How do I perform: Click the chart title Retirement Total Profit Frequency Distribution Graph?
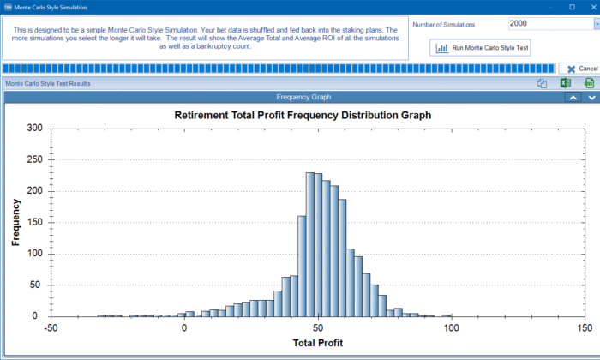pyautogui.click(x=302, y=114)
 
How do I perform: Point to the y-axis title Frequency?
pyautogui.click(x=16, y=222)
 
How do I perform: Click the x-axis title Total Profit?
pyautogui.click(x=318, y=344)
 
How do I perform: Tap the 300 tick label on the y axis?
pyautogui.click(x=34, y=129)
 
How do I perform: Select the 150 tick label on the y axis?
pyautogui.click(x=34, y=222)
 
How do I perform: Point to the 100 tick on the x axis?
pyautogui.click(x=451, y=328)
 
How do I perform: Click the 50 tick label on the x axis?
pyautogui.click(x=318, y=328)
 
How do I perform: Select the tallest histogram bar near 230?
pyautogui.click(x=309, y=244)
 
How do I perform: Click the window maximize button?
pyautogui.click(x=572, y=7)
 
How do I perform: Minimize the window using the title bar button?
pyautogui.click(x=552, y=7)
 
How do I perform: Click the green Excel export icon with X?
pyautogui.click(x=566, y=83)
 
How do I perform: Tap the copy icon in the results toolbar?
pyautogui.click(x=542, y=83)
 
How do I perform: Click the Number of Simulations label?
pyautogui.click(x=444, y=25)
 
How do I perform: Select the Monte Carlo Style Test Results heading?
pyautogui.click(x=47, y=84)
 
